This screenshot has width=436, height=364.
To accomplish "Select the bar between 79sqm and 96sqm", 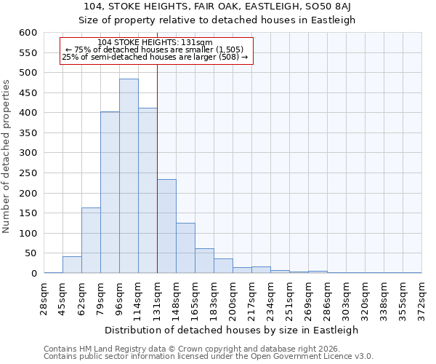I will point(110,193).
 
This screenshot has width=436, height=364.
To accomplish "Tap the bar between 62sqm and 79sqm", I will point(91,240).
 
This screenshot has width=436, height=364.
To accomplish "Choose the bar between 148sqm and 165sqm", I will point(185,248).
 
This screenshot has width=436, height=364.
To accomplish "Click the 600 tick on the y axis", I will point(27,33).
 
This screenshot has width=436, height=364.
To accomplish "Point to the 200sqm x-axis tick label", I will point(233,298).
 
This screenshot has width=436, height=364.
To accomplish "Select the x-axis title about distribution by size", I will point(233,330).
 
